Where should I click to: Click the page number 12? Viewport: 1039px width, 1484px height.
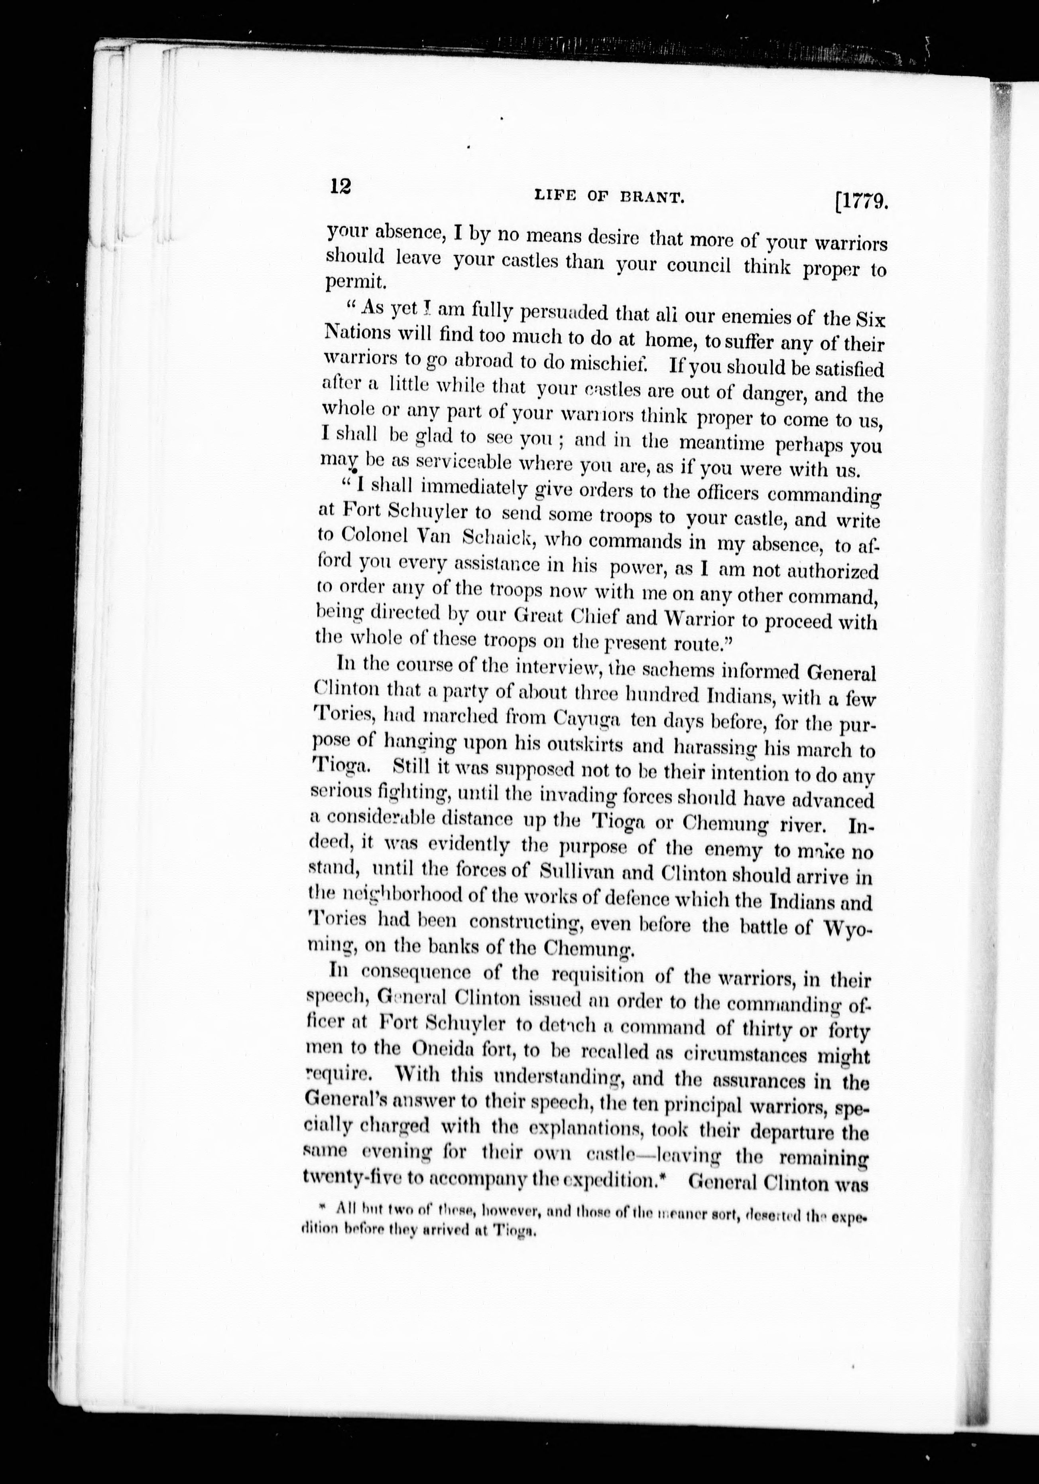(x=340, y=187)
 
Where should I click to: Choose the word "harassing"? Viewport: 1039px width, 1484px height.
(x=715, y=748)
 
